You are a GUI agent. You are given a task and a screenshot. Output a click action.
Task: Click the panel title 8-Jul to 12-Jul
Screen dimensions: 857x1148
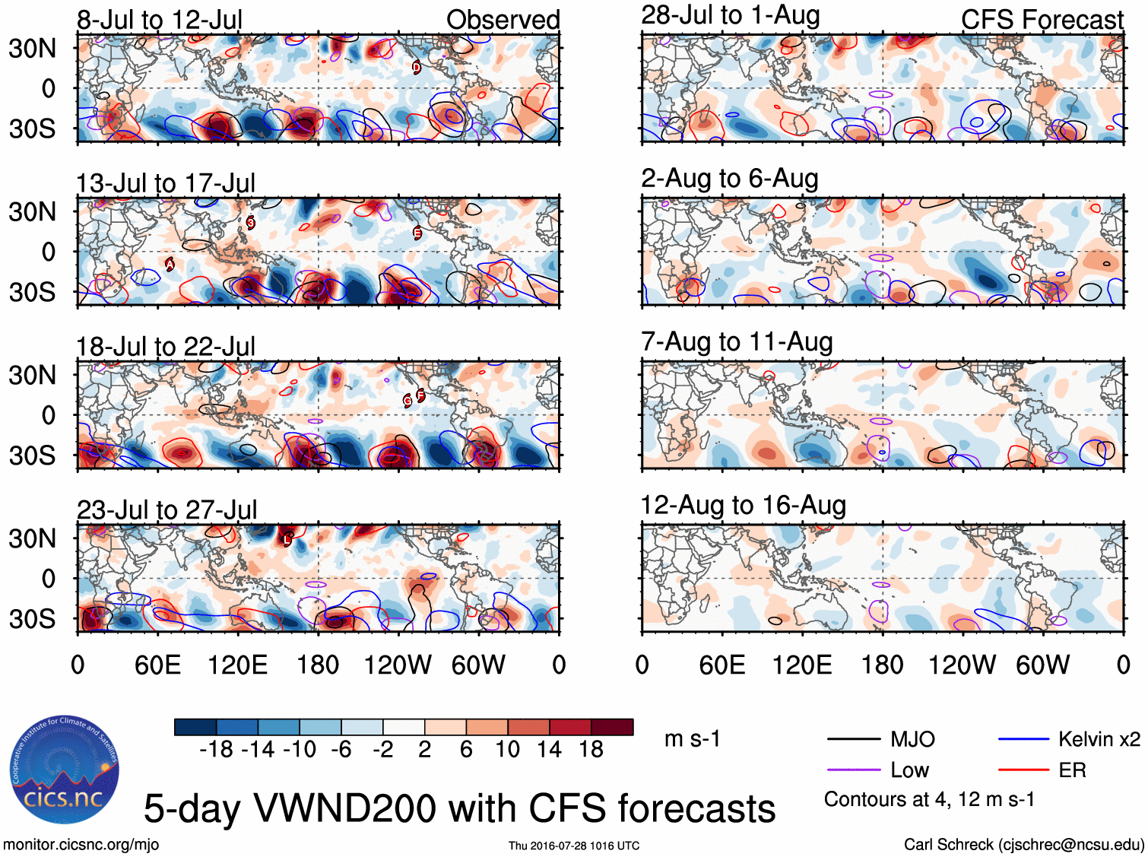[x=159, y=20]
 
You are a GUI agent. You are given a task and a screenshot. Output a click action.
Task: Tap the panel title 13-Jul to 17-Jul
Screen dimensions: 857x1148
[x=165, y=183]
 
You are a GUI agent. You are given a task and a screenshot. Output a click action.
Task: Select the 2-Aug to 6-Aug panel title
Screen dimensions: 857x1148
[x=729, y=179]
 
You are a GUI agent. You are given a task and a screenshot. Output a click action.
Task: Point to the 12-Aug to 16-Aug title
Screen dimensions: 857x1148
[x=743, y=506]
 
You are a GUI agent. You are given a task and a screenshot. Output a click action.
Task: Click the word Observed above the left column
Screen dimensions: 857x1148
[x=503, y=20]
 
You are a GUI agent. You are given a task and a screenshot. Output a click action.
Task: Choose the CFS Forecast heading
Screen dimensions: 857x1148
[x=1042, y=20]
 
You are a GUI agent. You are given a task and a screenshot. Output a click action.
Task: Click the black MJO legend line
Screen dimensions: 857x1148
[x=853, y=739]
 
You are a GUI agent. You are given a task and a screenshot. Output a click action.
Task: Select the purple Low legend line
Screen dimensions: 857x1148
[x=853, y=770]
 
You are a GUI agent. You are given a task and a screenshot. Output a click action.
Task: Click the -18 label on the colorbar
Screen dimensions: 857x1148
[x=217, y=750]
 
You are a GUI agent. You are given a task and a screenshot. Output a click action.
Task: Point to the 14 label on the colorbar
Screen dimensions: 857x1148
[x=549, y=750]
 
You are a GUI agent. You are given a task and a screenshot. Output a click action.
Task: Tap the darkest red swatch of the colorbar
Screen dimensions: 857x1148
[x=612, y=727]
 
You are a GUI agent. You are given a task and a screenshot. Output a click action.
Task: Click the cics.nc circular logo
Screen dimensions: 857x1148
[x=64, y=770]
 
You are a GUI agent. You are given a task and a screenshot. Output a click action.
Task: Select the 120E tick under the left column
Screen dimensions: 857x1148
[x=237, y=665]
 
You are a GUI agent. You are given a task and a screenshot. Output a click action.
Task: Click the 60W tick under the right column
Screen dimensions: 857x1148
[x=1042, y=665]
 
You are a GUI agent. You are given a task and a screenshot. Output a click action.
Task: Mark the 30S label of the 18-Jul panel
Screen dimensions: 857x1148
[x=32, y=455]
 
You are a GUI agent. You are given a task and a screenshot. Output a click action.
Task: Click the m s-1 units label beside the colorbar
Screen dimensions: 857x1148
[x=692, y=739]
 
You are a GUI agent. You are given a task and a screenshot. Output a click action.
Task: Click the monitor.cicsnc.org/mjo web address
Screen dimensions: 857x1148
[x=81, y=845]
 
